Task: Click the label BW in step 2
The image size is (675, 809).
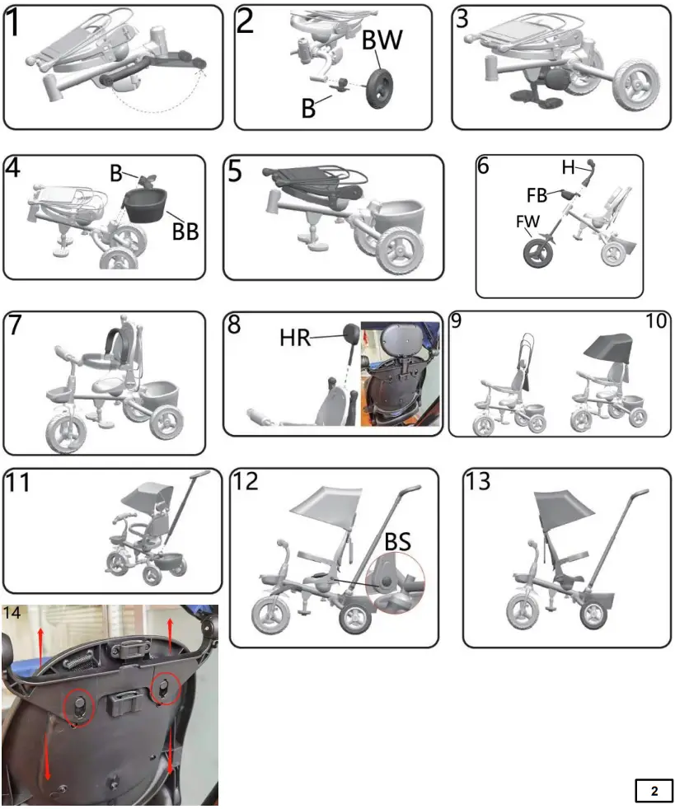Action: point(383,40)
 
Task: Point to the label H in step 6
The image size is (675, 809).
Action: point(568,167)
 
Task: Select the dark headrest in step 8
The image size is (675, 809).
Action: point(349,334)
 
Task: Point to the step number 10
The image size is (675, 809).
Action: point(657,320)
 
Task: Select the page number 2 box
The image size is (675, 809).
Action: point(654,791)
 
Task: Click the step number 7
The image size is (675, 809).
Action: point(16,325)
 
